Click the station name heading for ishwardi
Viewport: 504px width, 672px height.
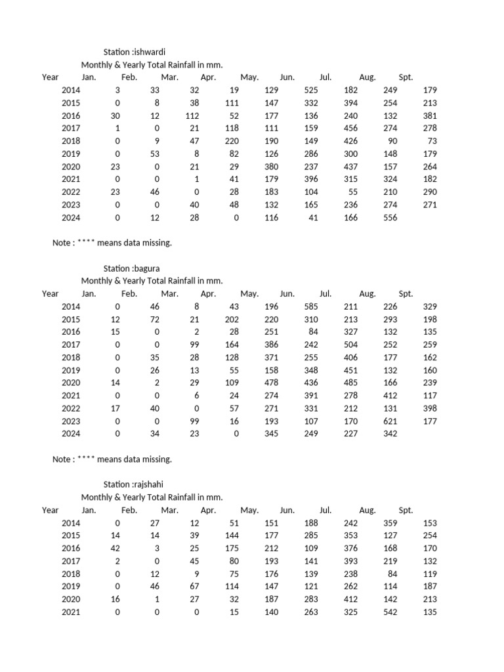click(136, 52)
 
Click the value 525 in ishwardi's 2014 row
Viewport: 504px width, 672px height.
click(311, 91)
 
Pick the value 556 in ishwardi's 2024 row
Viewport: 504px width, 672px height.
click(390, 218)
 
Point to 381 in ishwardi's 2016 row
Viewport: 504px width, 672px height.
click(430, 116)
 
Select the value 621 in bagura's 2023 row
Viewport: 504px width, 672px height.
click(390, 421)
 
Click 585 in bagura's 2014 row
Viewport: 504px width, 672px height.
click(311, 307)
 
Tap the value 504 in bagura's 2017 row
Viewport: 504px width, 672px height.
click(350, 345)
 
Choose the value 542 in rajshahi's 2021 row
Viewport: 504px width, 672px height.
click(390, 612)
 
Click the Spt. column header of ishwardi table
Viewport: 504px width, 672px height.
click(406, 77)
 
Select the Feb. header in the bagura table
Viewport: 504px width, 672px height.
click(129, 294)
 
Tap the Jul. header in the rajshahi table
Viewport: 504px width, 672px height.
click(325, 511)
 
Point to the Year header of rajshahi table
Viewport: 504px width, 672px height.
click(51, 511)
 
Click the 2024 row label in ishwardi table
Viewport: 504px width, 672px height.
click(71, 218)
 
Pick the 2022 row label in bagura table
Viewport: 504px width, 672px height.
click(71, 409)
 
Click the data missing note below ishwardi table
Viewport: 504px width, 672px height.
click(112, 243)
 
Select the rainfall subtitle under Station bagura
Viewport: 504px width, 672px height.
click(152, 281)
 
